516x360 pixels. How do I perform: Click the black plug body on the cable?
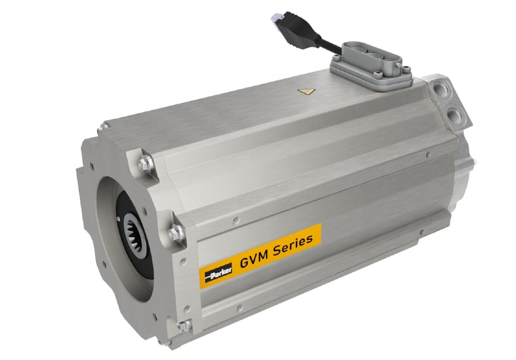[x=297, y=29]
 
